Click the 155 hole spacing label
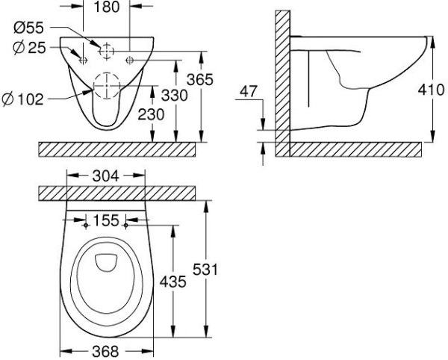(x=105, y=221)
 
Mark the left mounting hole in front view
(x=83, y=58)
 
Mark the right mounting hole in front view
(x=130, y=58)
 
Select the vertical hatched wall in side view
(x=281, y=82)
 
